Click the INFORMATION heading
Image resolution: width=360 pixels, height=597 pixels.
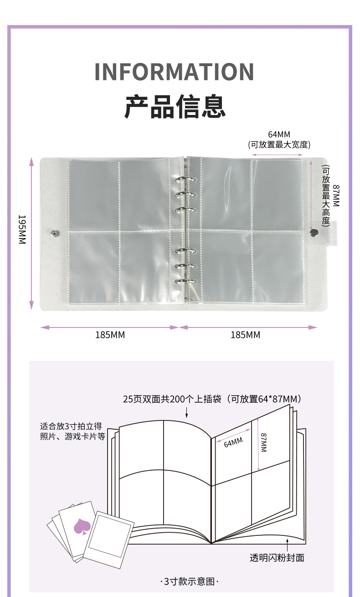174,72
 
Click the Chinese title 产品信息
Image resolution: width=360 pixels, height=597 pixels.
175,106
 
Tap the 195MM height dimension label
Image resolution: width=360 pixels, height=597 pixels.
21,229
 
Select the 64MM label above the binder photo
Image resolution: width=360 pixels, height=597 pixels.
279,135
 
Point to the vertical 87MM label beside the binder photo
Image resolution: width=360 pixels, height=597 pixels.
336,196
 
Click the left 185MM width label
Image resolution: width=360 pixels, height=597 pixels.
110,335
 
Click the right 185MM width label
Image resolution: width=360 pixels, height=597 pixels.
245,335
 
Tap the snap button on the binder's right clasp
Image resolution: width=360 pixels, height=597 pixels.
314,234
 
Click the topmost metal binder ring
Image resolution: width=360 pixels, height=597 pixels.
184,180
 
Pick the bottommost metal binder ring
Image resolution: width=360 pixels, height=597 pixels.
185,281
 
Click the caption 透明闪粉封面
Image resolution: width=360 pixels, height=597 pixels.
277,557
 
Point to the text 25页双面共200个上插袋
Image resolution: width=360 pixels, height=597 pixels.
172,399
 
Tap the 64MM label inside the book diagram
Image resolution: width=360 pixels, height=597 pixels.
233,442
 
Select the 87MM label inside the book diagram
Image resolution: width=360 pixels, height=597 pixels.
264,442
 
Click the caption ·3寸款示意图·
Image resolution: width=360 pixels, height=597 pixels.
190,581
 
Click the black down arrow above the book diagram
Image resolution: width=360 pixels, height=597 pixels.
187,413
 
